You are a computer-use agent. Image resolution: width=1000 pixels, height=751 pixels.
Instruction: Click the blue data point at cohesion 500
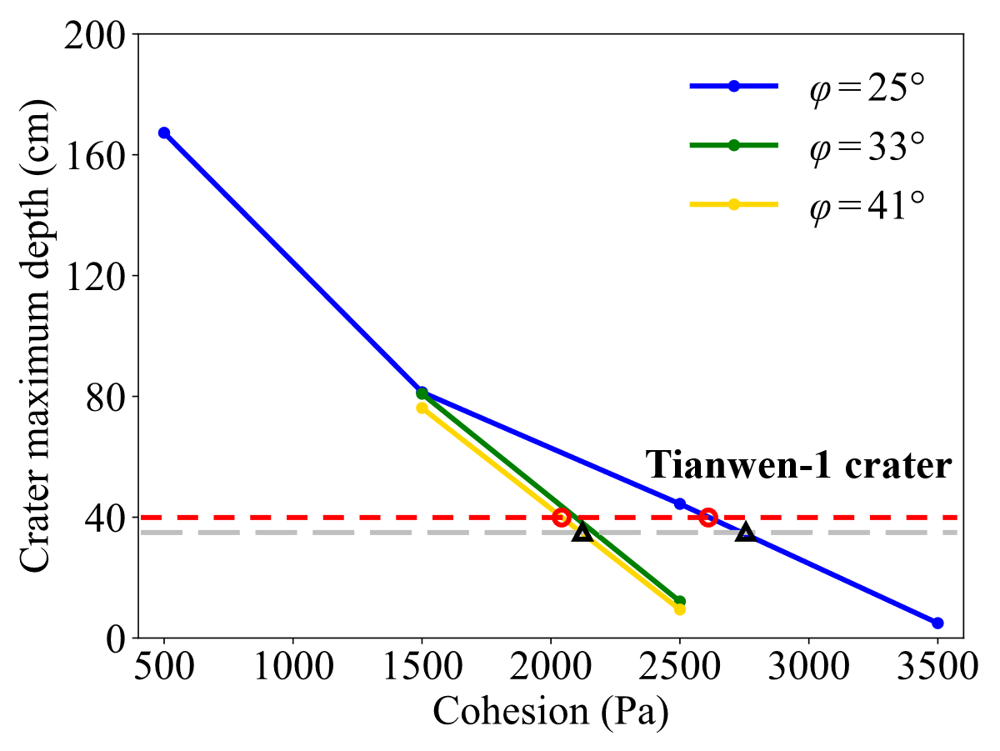(x=164, y=133)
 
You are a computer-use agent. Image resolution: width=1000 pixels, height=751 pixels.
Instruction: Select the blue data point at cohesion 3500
(x=937, y=623)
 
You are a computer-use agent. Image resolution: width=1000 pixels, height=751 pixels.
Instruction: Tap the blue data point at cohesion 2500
(x=680, y=503)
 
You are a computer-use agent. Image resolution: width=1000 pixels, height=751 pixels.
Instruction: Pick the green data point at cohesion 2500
(x=680, y=601)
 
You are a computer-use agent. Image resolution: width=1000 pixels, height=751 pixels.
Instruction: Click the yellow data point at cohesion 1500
(x=422, y=408)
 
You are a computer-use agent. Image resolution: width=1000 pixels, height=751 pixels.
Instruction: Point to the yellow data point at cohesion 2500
(x=680, y=609)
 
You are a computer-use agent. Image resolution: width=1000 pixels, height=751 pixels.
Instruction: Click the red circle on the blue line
(x=708, y=518)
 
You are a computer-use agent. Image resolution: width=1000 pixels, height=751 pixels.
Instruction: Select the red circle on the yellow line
(x=562, y=518)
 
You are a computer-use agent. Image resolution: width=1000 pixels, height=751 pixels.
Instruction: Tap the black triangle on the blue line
(x=746, y=533)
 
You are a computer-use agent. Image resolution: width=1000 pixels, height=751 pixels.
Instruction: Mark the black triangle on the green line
(x=582, y=533)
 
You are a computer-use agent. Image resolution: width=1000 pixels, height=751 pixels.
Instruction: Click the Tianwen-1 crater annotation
(x=798, y=466)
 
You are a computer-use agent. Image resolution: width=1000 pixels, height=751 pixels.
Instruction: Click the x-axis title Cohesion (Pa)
(x=551, y=713)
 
